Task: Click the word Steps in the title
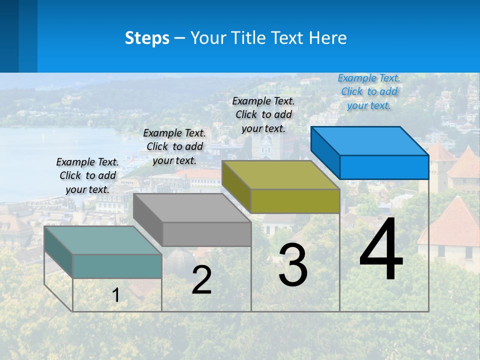[x=147, y=38]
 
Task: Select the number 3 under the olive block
[x=293, y=265]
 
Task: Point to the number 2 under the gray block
[x=201, y=280]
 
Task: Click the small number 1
[x=116, y=295]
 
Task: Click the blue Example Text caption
[x=369, y=91]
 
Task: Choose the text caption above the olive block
[x=263, y=114]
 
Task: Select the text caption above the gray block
[x=174, y=146]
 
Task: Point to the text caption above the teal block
[x=87, y=175]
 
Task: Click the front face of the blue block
[x=384, y=167]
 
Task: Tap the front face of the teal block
[x=117, y=266]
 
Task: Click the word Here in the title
[x=328, y=38]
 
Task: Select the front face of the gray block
[x=206, y=234]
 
